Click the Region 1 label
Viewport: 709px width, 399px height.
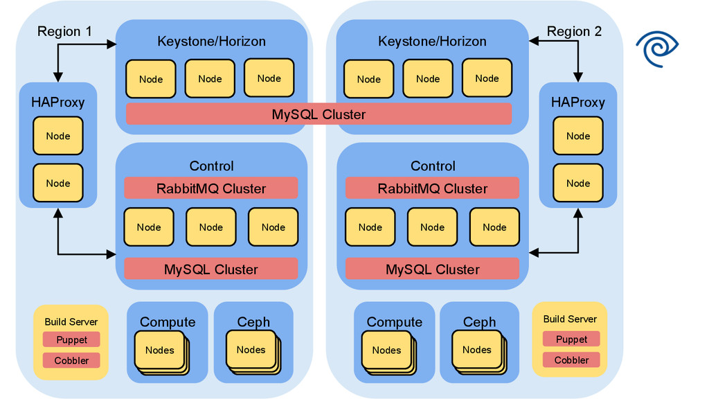[64, 31]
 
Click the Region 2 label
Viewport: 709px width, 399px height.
[574, 31]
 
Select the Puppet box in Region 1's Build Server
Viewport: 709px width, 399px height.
[71, 340]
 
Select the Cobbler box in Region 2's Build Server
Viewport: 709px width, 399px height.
[571, 360]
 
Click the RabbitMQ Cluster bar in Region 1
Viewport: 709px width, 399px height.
[210, 188]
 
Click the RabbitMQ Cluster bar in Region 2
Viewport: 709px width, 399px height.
[432, 188]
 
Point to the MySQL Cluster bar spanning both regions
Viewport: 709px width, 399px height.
[318, 114]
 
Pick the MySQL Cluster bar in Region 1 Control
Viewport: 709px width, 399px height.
[210, 269]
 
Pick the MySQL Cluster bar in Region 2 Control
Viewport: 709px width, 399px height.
[432, 269]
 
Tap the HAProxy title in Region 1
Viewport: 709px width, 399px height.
[57, 103]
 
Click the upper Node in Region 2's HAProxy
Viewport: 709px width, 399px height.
[577, 136]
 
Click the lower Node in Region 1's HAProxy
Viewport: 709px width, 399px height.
[57, 184]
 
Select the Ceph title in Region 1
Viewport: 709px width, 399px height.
[253, 322]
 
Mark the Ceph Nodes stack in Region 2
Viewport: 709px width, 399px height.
[478, 351]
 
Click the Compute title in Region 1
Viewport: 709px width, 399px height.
[168, 322]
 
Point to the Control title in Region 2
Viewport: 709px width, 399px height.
[433, 166]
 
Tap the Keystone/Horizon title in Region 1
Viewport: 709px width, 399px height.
[211, 42]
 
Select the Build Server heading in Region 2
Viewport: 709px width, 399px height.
[570, 319]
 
